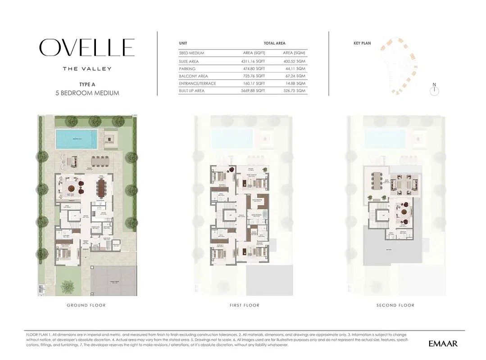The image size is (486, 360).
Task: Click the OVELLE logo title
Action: [x=87, y=48]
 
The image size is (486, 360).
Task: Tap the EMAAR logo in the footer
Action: [x=443, y=344]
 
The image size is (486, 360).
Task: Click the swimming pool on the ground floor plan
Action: [x=77, y=139]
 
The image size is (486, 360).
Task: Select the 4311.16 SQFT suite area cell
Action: [x=254, y=61]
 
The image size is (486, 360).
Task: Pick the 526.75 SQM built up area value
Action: [x=294, y=90]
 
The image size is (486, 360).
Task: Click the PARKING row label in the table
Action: [x=187, y=69]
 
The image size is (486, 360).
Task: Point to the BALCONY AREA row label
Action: [x=193, y=76]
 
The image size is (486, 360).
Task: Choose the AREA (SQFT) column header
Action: [x=254, y=53]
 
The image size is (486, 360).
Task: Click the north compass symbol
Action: [x=434, y=91]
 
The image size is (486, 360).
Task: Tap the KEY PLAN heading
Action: [x=362, y=43]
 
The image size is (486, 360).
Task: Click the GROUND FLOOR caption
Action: [x=86, y=305]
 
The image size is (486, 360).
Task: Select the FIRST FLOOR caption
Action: [x=244, y=305]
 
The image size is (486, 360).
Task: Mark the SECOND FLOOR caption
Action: [x=395, y=305]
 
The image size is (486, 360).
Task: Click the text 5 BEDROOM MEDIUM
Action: [x=87, y=93]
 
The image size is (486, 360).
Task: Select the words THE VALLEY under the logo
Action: [x=87, y=69]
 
